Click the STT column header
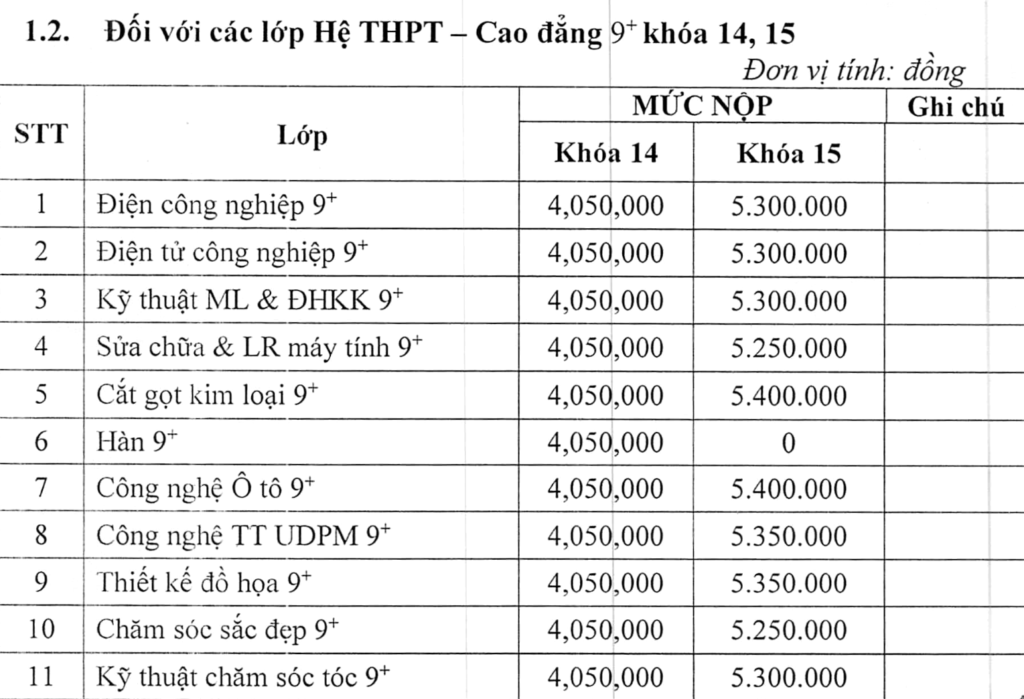pos(42,134)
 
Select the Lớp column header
pos(302,136)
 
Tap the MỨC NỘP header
pos(702,106)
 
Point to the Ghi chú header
pos(956,107)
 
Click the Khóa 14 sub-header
pos(606,153)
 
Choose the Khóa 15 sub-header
pos(789,153)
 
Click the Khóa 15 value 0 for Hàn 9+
pos(788,443)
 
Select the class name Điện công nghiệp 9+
pos(216,205)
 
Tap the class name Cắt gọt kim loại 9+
pos(207,394)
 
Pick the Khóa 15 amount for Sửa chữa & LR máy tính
pos(788,348)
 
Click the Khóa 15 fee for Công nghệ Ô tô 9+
pos(788,489)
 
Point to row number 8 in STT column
pos(41,535)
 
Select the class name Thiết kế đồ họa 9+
pos(204,582)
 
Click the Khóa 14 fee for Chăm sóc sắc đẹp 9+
pos(605,630)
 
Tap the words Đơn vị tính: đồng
pos(853,70)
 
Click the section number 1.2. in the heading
pos(47,32)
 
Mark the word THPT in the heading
pos(400,32)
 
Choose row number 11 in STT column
pos(41,676)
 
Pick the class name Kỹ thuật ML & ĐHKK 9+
pos(249,300)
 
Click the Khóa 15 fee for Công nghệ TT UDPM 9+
pos(788,536)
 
